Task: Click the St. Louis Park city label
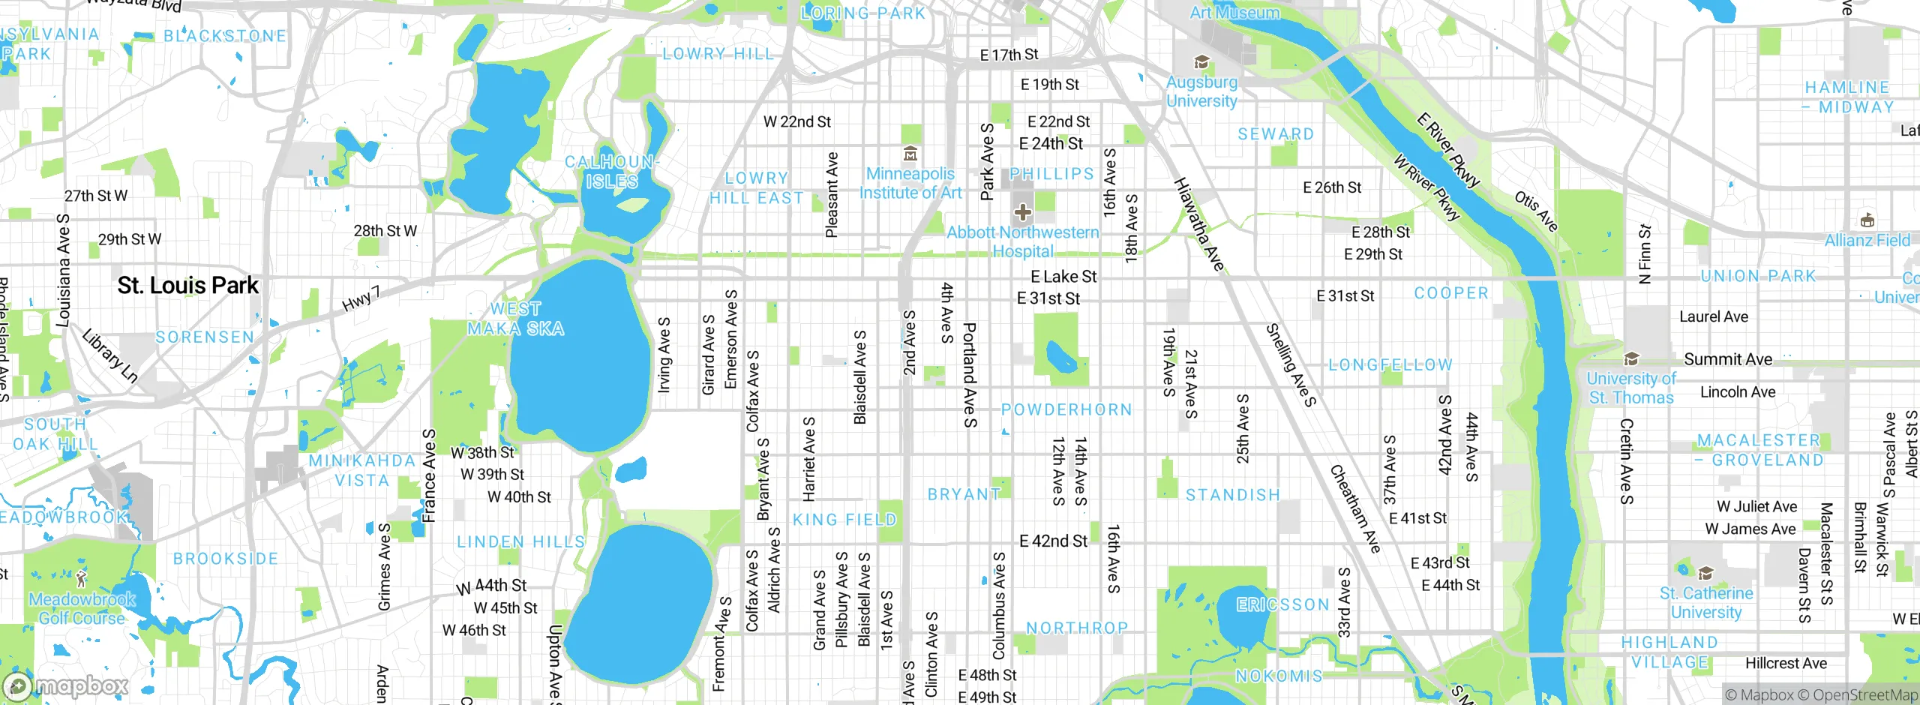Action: [x=187, y=286]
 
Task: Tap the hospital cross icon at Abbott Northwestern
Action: [x=1023, y=212]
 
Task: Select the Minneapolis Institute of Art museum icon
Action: [x=910, y=154]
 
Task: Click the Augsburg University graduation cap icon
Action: [x=1201, y=62]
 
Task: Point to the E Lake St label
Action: [x=1063, y=277]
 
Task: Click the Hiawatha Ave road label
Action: [x=1198, y=223]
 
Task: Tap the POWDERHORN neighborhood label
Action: [x=1066, y=409]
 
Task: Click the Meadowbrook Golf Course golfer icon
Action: [x=82, y=579]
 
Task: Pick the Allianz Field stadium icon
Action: [x=1867, y=220]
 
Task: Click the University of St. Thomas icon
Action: [x=1630, y=358]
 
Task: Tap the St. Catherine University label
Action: [x=1705, y=602]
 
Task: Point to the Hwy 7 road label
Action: [x=361, y=298]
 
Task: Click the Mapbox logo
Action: [x=66, y=685]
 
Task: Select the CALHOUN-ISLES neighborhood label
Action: [x=611, y=172]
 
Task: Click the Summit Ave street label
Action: [x=1727, y=359]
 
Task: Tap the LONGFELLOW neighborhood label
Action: [x=1390, y=365]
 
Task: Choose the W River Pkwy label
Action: [x=1427, y=187]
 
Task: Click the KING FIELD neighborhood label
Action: [x=844, y=520]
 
